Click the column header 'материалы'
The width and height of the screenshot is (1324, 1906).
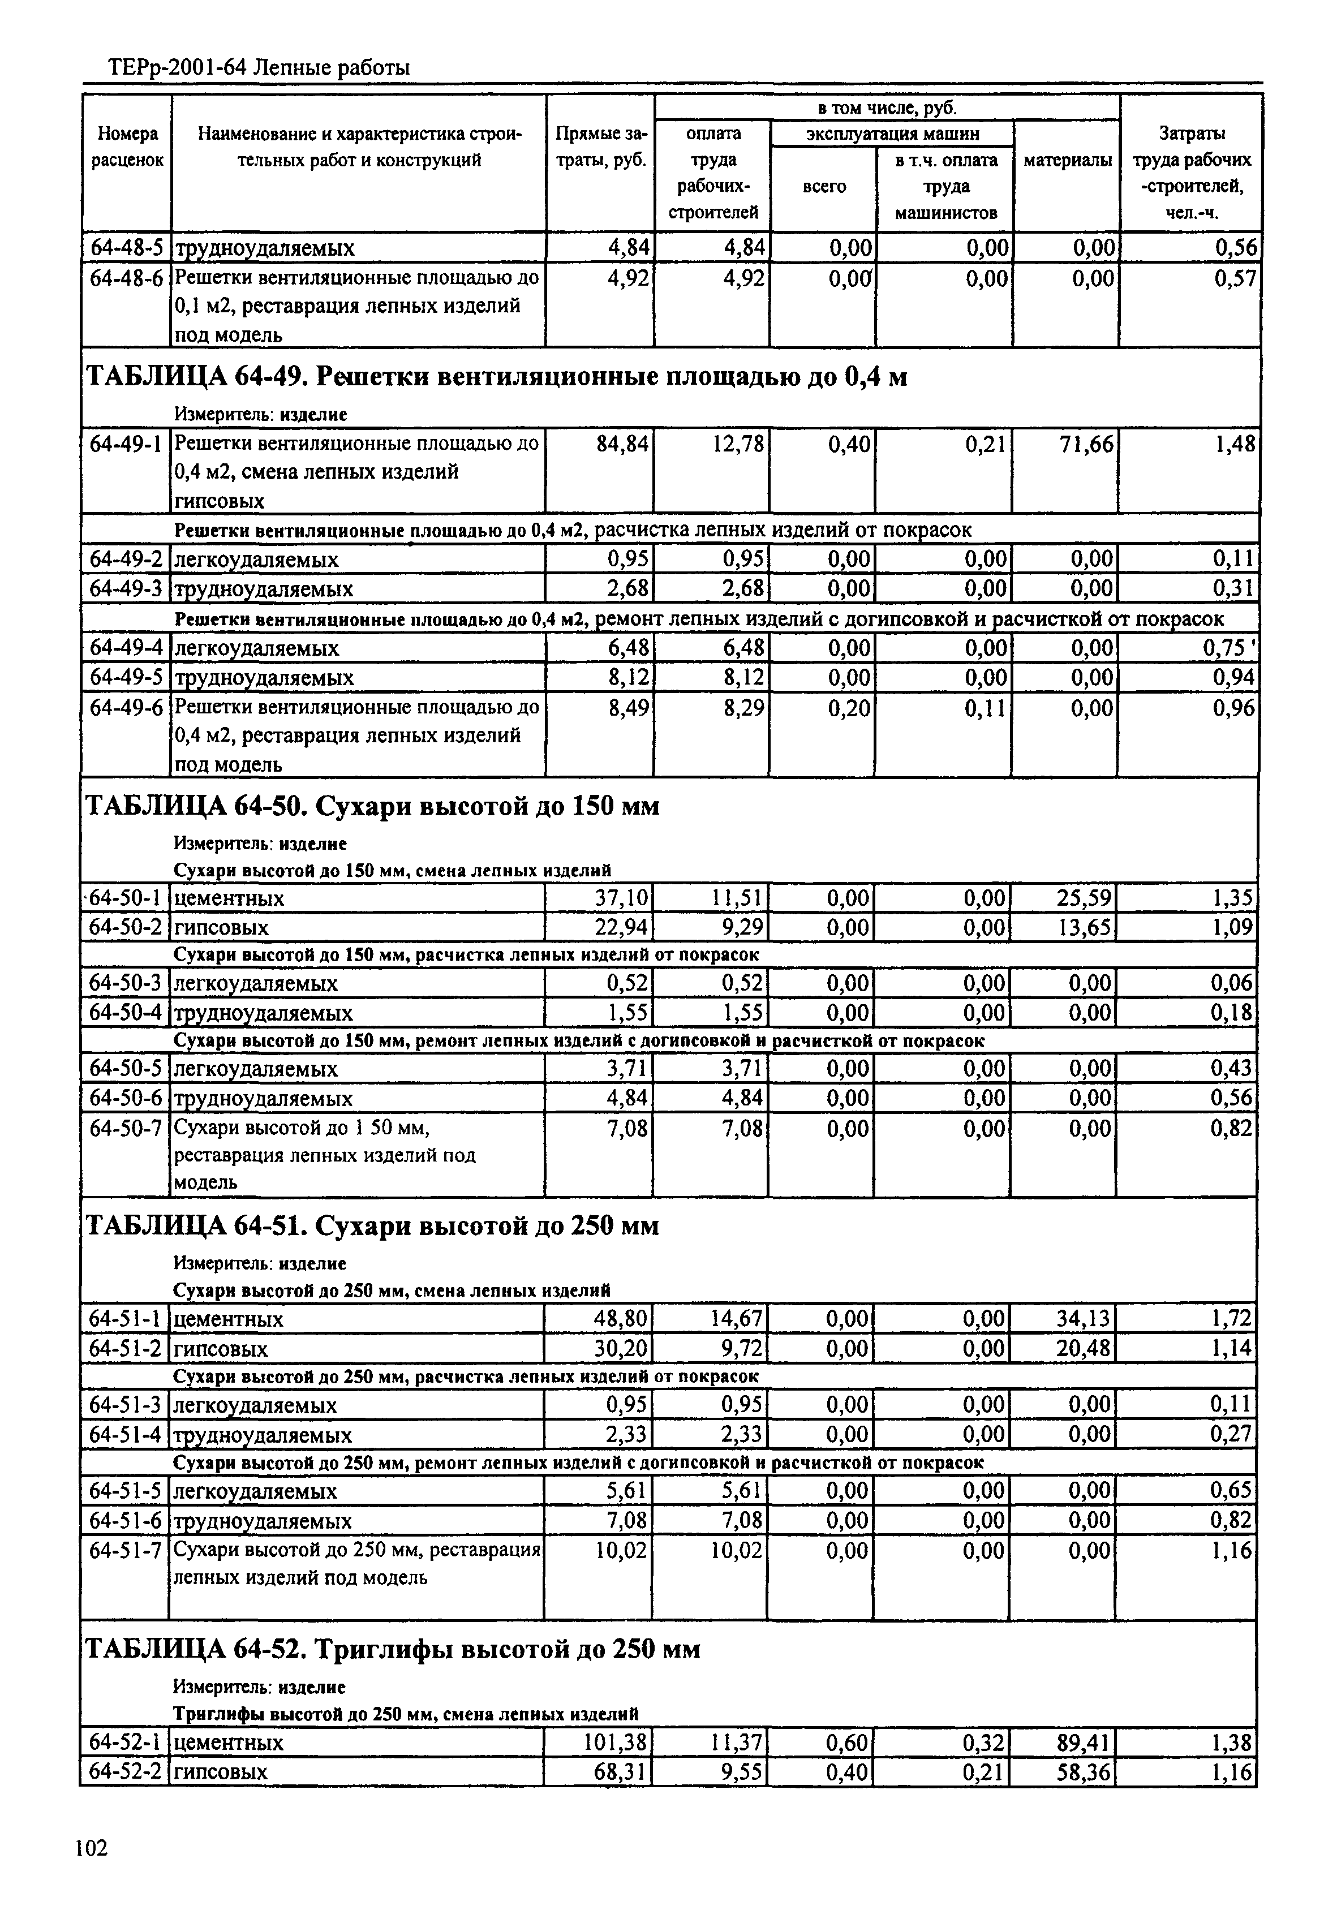[x=1067, y=161]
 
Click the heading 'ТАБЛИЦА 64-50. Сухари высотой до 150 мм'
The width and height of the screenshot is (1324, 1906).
[x=373, y=806]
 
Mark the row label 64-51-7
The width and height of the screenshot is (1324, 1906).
[x=125, y=1550]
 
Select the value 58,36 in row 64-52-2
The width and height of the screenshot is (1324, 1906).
[x=1082, y=1771]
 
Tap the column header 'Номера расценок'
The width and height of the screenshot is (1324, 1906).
[x=127, y=147]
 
